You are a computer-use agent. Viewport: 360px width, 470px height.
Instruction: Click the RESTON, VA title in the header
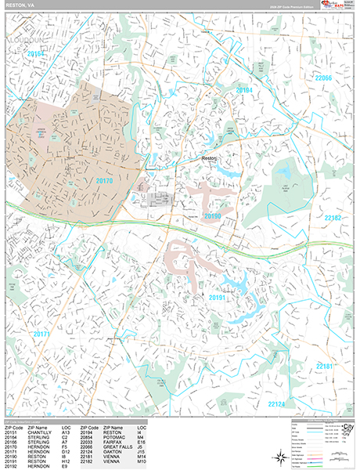point(19,5)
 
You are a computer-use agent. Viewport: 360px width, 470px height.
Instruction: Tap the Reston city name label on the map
point(210,158)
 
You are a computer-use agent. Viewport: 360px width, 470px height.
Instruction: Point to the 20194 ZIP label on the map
point(245,91)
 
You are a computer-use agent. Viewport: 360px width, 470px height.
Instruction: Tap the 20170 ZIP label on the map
point(104,181)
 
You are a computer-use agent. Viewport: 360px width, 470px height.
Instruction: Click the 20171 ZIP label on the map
point(41,334)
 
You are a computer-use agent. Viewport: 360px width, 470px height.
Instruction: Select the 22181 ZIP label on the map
point(325,366)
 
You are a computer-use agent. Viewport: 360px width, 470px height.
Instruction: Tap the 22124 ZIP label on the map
point(277,404)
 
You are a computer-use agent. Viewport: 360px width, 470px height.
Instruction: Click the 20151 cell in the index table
point(11,431)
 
